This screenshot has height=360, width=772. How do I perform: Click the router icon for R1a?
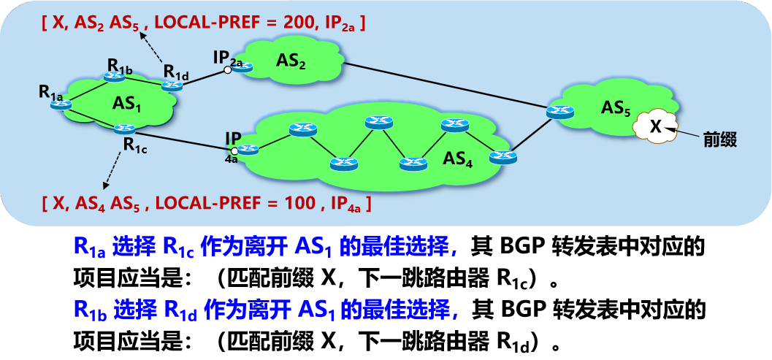point(58,105)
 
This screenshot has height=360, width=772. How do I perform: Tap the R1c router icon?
point(121,130)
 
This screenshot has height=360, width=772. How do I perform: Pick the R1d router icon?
point(172,85)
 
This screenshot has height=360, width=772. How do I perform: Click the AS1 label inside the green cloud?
point(126,103)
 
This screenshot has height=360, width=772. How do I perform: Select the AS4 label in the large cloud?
point(459,160)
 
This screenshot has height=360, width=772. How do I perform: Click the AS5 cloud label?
point(616,107)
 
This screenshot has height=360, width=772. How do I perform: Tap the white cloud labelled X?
point(655,126)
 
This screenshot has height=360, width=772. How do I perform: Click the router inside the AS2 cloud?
point(242,68)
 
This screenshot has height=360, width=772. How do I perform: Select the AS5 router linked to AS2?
point(559,111)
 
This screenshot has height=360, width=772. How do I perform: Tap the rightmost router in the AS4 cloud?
point(503,156)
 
